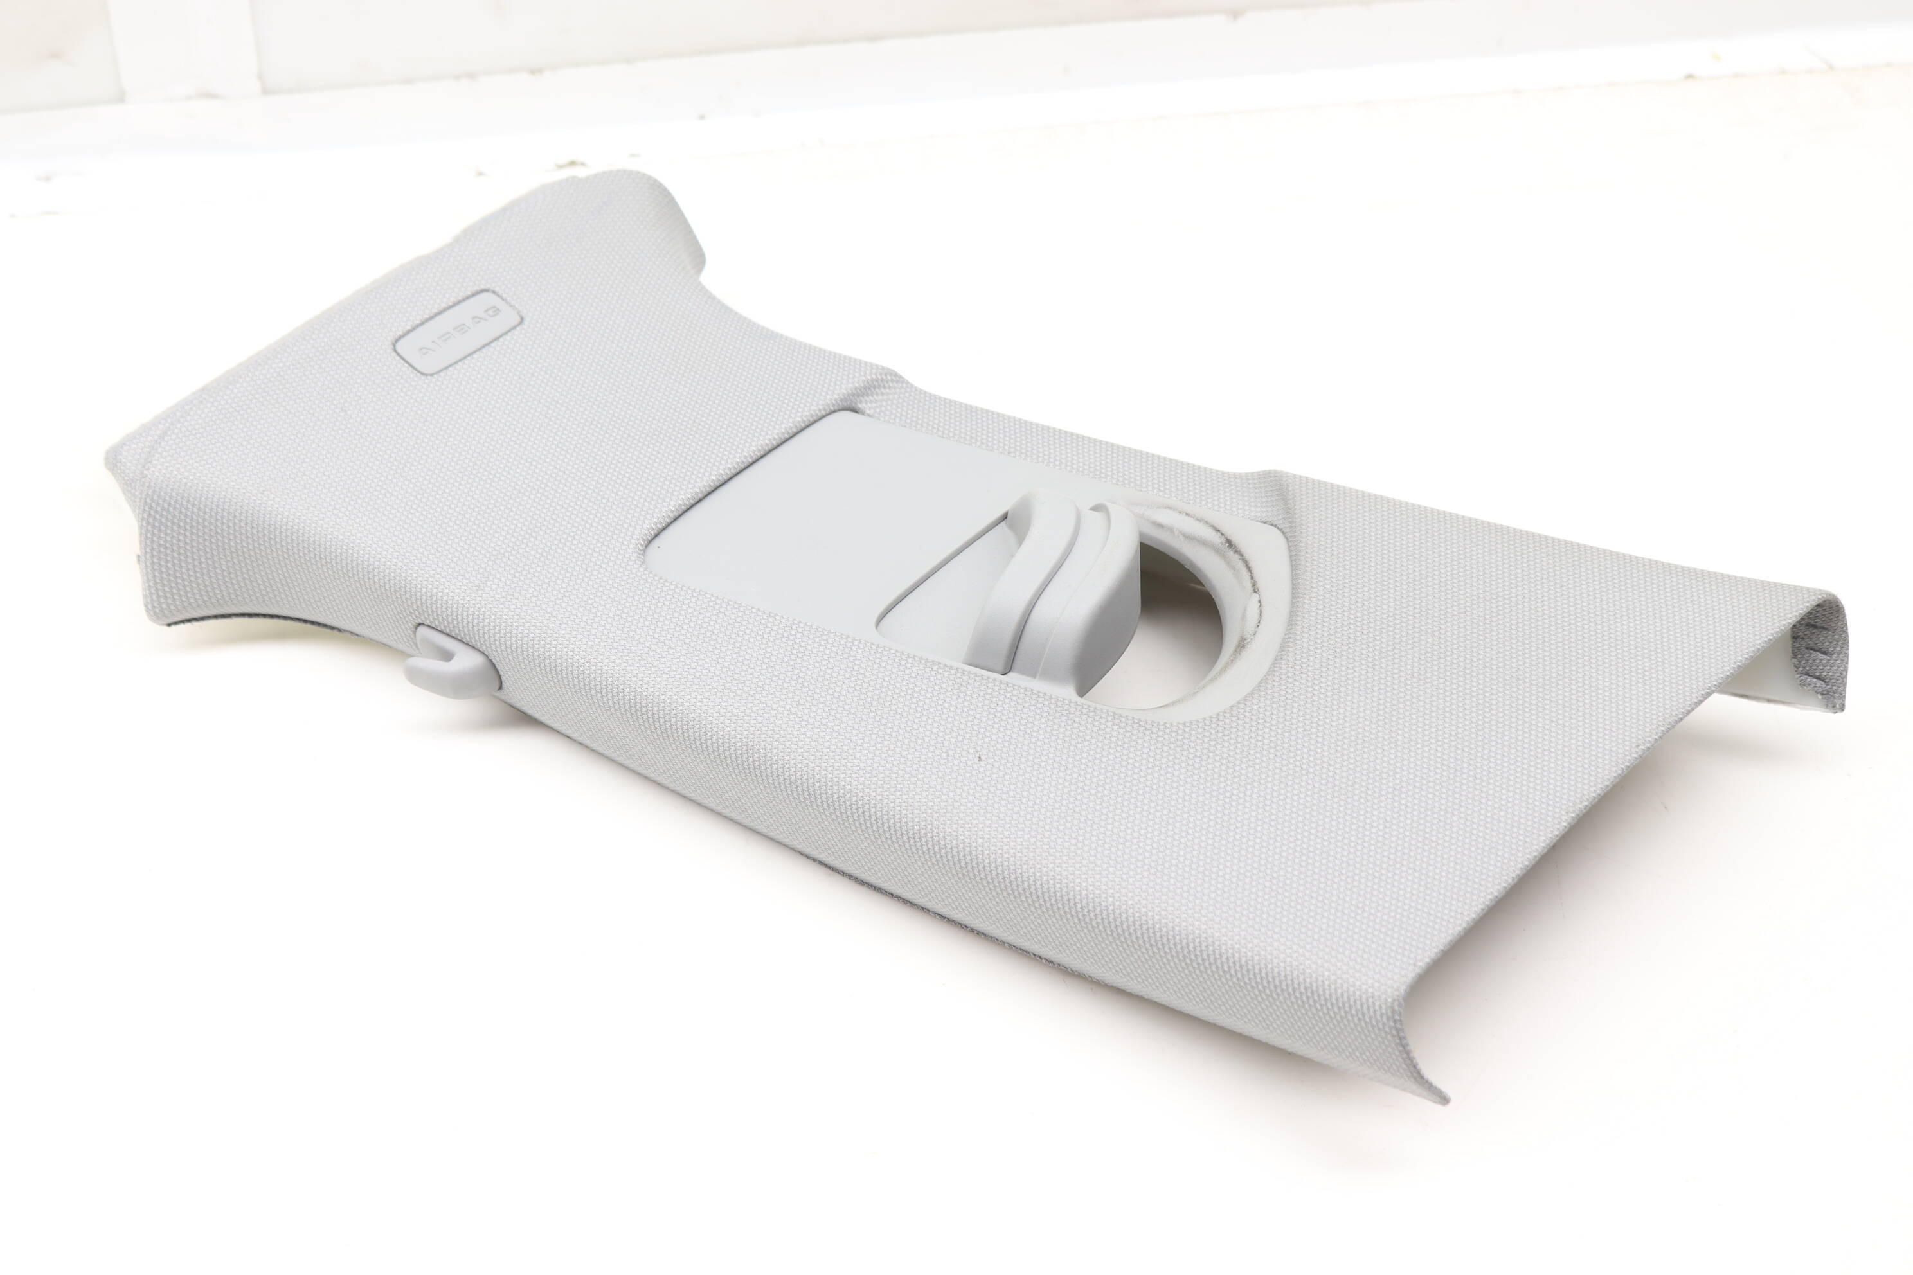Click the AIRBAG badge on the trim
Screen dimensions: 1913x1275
[457, 331]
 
